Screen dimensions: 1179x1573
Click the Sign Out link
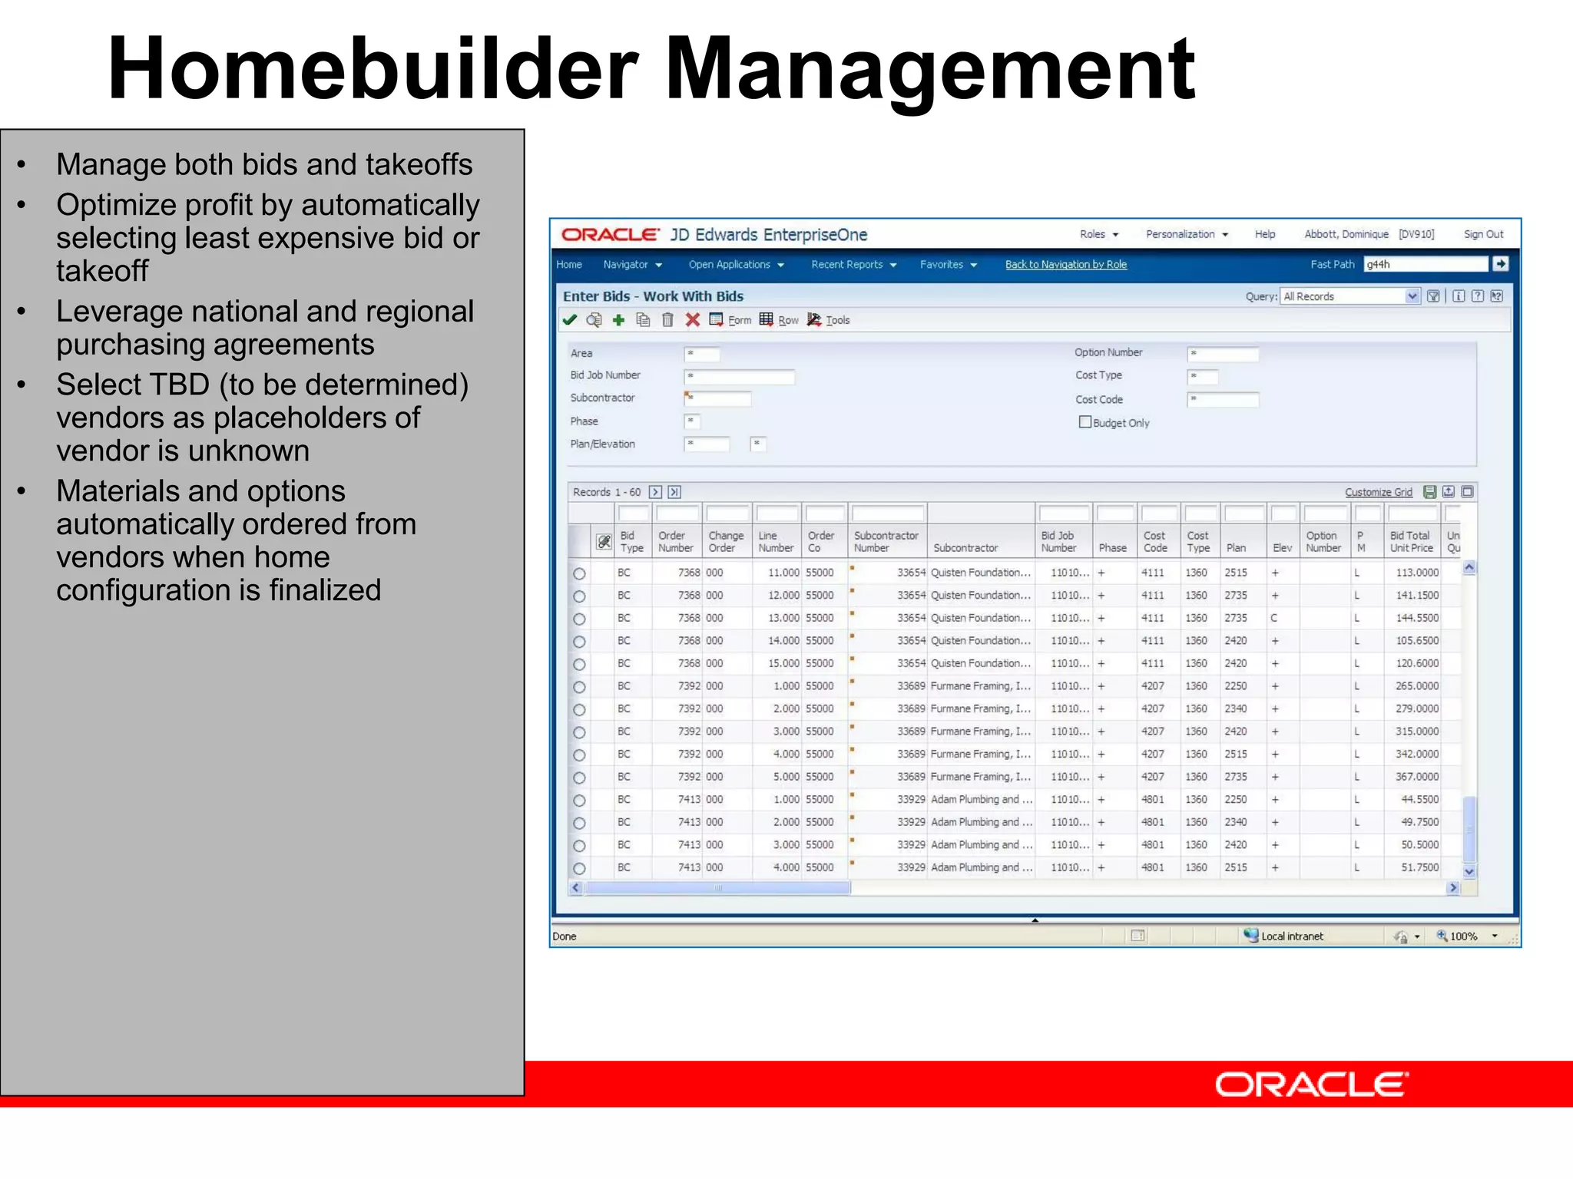point(1482,234)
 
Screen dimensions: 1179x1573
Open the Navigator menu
point(632,265)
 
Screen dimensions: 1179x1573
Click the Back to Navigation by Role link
point(1065,265)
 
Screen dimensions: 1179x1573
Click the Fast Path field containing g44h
point(1425,264)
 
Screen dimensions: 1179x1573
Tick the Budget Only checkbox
point(1085,422)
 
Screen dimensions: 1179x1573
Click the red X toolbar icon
point(692,320)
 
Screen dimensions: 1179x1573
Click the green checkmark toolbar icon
point(570,320)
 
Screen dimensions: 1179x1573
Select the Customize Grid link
point(1378,492)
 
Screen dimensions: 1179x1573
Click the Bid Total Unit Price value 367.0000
point(1416,777)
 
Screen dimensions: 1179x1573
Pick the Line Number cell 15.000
point(783,663)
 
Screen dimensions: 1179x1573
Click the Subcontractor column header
point(965,548)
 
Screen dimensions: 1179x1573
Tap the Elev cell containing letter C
point(1274,618)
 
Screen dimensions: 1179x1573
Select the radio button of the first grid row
point(579,573)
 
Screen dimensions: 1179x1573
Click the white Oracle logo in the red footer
point(1311,1085)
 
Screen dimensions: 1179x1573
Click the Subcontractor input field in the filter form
point(719,398)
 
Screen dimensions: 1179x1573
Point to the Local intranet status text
point(1292,936)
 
